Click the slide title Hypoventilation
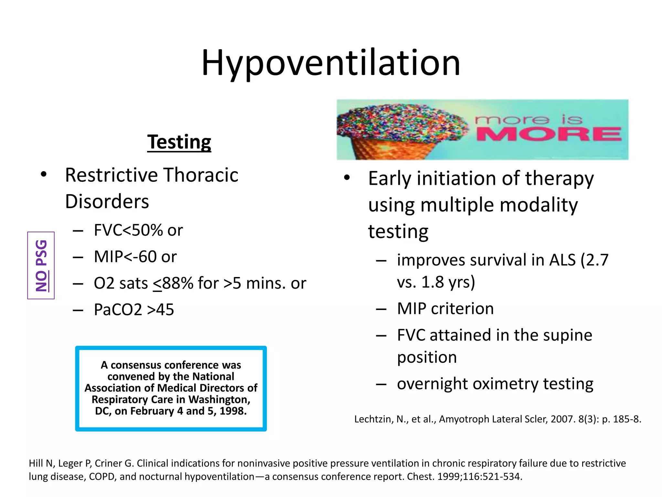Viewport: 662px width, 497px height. (330, 63)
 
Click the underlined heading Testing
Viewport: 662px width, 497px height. (179, 142)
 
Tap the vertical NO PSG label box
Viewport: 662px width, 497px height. (41, 265)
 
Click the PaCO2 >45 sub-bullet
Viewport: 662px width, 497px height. (134, 310)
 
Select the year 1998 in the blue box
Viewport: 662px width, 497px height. (232, 411)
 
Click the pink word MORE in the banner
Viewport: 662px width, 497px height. (549, 134)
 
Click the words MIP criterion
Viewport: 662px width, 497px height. (445, 309)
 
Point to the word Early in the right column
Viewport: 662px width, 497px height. (390, 179)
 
